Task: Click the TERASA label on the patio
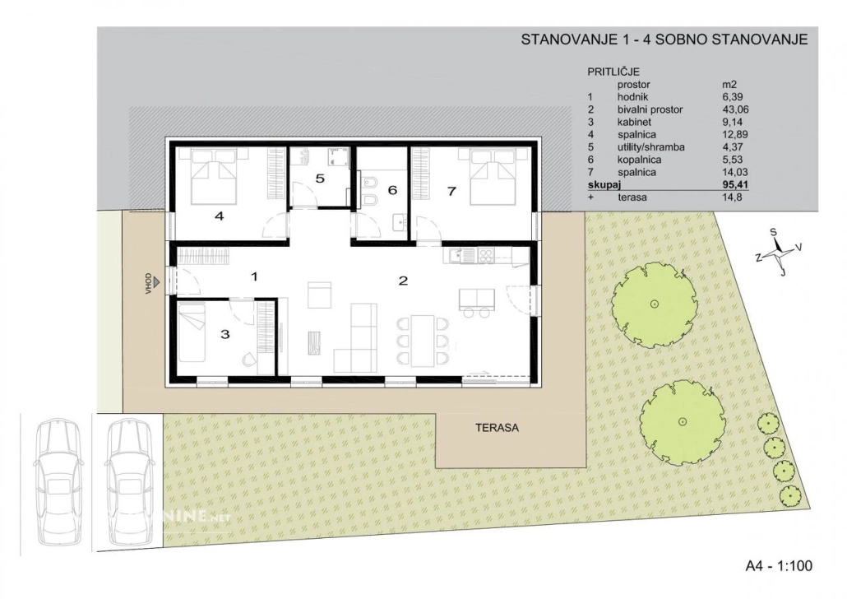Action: point(497,428)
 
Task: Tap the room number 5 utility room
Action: point(320,179)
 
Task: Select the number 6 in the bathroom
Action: point(392,190)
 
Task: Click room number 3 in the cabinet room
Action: point(224,334)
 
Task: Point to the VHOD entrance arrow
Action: point(156,281)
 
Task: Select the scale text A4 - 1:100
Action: point(779,566)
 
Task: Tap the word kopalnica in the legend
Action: point(639,160)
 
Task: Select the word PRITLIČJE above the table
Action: point(613,72)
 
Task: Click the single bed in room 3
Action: point(192,332)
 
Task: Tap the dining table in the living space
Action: point(423,340)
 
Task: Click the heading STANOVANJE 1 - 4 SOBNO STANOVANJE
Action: point(664,39)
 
